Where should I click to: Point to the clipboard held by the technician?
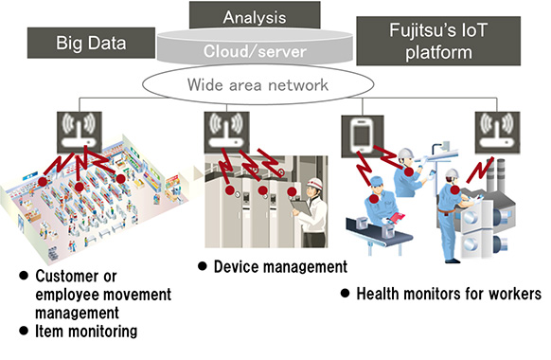302,207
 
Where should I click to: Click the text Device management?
280,267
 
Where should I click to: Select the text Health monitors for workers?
448,293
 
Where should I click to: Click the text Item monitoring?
86,332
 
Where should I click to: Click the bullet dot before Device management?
203,267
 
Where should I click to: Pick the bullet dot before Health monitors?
346,293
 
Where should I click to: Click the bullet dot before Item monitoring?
24,332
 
